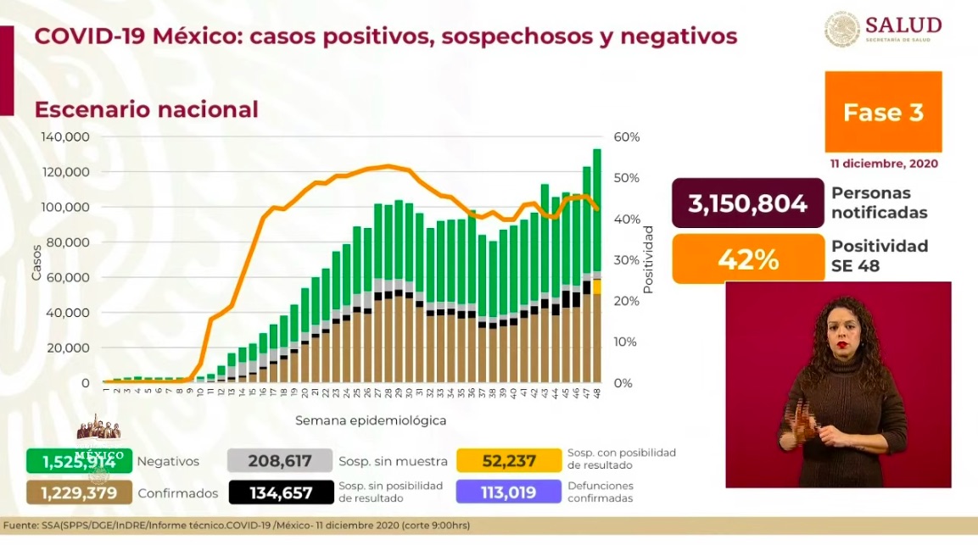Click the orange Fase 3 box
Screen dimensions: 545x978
[x=883, y=112]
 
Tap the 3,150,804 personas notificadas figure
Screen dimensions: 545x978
[x=747, y=203]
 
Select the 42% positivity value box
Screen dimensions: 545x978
[x=747, y=259]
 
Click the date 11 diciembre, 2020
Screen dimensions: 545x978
[x=884, y=164]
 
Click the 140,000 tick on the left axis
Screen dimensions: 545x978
[x=65, y=136]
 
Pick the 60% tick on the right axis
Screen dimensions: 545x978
[x=628, y=136]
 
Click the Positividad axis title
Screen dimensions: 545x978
[x=648, y=259]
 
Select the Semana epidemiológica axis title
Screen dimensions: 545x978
[x=371, y=420]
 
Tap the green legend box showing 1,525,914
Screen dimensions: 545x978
[x=78, y=461]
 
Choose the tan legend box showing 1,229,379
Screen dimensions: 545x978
[x=78, y=492]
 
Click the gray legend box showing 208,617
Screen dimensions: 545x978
[x=280, y=461]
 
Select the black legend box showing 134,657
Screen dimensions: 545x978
[x=280, y=492]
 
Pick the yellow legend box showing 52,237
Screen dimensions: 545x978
[x=508, y=461]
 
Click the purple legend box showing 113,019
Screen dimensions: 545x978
[x=508, y=492]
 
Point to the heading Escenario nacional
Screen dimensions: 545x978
[x=146, y=109]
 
